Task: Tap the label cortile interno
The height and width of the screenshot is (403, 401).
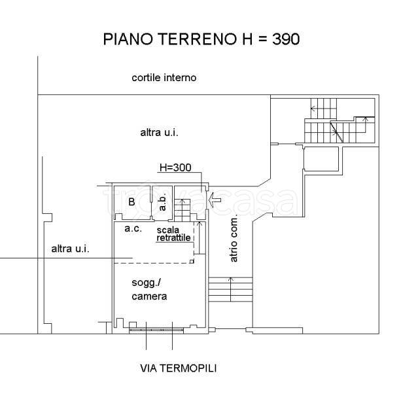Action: (164, 78)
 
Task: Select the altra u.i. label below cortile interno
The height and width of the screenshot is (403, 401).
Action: (159, 132)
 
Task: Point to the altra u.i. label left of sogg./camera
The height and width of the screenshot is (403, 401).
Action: (71, 249)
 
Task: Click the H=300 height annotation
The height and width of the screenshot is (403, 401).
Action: (175, 167)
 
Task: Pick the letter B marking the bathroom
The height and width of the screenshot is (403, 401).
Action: (131, 202)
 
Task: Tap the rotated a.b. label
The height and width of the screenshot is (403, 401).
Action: (164, 203)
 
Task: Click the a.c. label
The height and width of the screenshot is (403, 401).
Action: (133, 228)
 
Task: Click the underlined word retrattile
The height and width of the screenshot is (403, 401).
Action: (173, 238)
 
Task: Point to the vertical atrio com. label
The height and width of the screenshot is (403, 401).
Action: (234, 240)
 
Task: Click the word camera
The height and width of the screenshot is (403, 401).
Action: (149, 296)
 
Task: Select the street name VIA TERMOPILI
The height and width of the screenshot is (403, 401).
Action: (178, 368)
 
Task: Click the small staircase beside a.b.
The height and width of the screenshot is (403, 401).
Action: (184, 209)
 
